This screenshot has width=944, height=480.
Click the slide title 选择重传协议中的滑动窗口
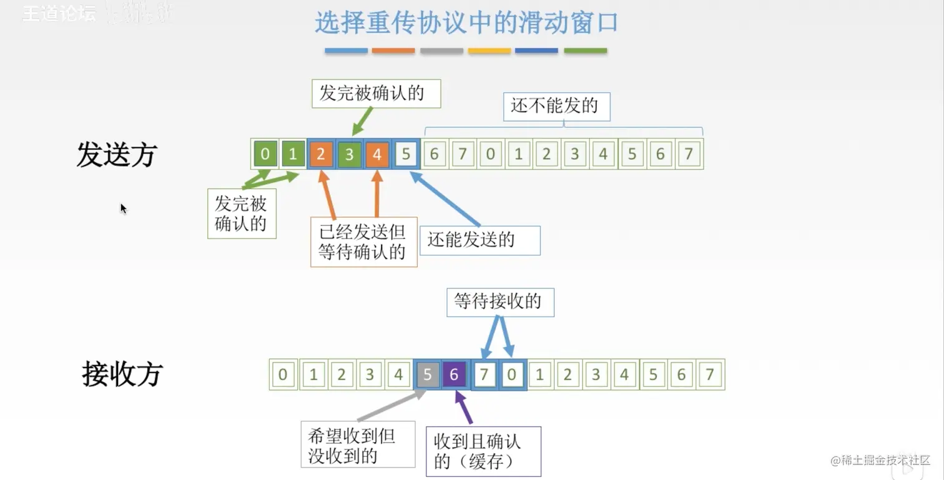coord(466,23)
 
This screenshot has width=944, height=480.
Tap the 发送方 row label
coord(116,154)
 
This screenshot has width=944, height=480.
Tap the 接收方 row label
coord(122,374)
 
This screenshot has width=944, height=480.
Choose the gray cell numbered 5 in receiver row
coord(428,375)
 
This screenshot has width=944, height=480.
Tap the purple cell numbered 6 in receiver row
coord(455,375)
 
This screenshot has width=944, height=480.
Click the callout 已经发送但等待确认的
coord(363,242)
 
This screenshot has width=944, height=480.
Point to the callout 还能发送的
coord(479,240)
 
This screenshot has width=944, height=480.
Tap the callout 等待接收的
coord(500,302)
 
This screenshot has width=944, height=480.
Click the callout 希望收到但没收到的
coord(358,445)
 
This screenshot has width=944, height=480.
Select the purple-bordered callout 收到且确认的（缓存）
coord(483,451)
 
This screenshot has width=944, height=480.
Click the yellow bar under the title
coord(489,51)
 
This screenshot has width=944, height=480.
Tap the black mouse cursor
coord(123,208)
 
